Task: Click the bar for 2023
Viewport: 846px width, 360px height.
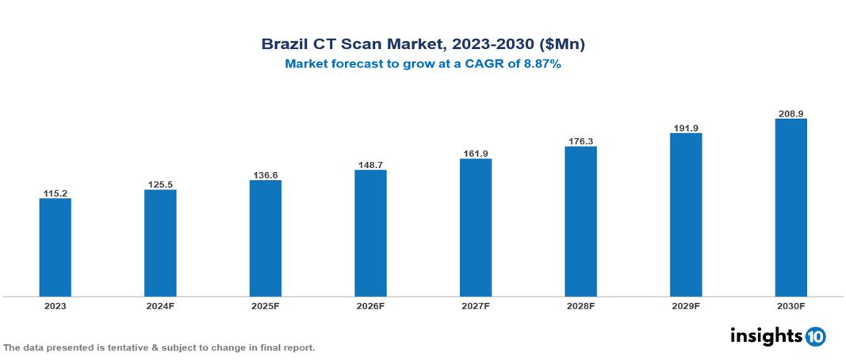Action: pyautogui.click(x=56, y=247)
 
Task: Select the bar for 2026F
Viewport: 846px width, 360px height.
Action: pyautogui.click(x=370, y=233)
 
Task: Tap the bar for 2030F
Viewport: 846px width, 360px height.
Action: pyautogui.click(x=790, y=208)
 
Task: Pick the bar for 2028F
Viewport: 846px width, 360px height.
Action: pyautogui.click(x=580, y=221)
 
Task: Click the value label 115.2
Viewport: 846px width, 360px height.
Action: pyautogui.click(x=56, y=193)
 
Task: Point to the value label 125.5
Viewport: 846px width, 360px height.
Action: pyautogui.click(x=160, y=185)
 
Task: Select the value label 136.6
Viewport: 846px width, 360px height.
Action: pyautogui.click(x=266, y=174)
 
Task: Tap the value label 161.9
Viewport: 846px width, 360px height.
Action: pyautogui.click(x=476, y=153)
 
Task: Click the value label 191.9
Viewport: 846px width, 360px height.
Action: pyautogui.click(x=686, y=128)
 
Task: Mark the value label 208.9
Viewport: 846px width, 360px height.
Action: pyautogui.click(x=790, y=113)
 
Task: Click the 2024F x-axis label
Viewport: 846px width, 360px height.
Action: pyautogui.click(x=160, y=306)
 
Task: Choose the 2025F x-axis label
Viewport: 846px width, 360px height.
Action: pyautogui.click(x=266, y=306)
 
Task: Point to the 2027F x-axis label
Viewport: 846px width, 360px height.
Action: pyautogui.click(x=476, y=306)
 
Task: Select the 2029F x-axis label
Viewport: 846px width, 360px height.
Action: pyautogui.click(x=686, y=306)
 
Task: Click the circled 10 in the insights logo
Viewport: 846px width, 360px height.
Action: pyautogui.click(x=815, y=336)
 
